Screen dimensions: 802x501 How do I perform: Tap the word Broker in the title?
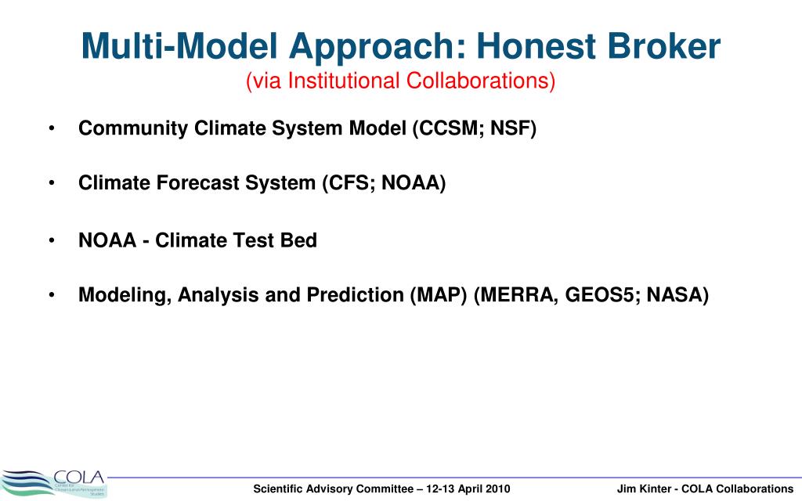click(x=664, y=46)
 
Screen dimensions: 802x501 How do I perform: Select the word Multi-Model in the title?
click(x=179, y=46)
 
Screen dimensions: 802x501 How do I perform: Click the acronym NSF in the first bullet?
click(x=510, y=128)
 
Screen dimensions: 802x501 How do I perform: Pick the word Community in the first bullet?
click(x=133, y=128)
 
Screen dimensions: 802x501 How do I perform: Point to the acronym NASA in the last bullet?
click(x=674, y=295)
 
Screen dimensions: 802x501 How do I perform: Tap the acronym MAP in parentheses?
click(x=439, y=295)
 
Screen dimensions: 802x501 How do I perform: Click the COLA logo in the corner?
click(x=54, y=484)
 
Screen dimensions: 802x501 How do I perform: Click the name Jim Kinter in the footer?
click(x=644, y=488)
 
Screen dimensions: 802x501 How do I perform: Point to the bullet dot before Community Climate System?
click(x=52, y=128)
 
